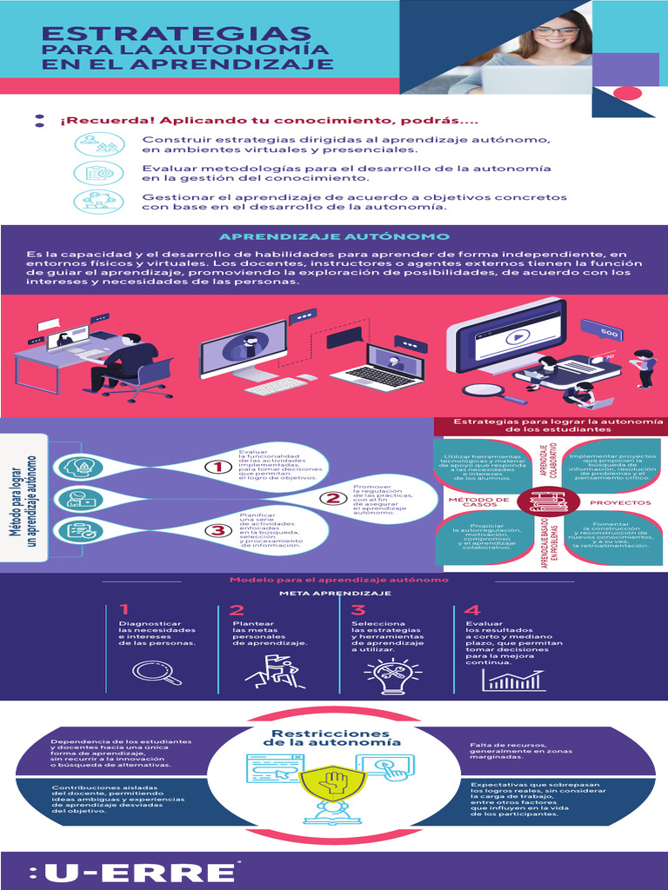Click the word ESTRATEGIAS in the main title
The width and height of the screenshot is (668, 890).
click(x=177, y=33)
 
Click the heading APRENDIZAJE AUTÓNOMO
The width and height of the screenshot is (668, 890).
click(x=334, y=236)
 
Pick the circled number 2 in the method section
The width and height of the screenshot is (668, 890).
click(x=331, y=499)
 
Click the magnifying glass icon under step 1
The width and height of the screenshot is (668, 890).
click(x=157, y=672)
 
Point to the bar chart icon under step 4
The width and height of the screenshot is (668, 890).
click(x=513, y=677)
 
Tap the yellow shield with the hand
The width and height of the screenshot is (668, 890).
click(x=334, y=783)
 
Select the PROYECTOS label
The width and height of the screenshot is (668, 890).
click(x=620, y=502)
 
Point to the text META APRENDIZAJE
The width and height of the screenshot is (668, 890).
click(x=334, y=593)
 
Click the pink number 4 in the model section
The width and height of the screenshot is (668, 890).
click(x=472, y=610)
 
